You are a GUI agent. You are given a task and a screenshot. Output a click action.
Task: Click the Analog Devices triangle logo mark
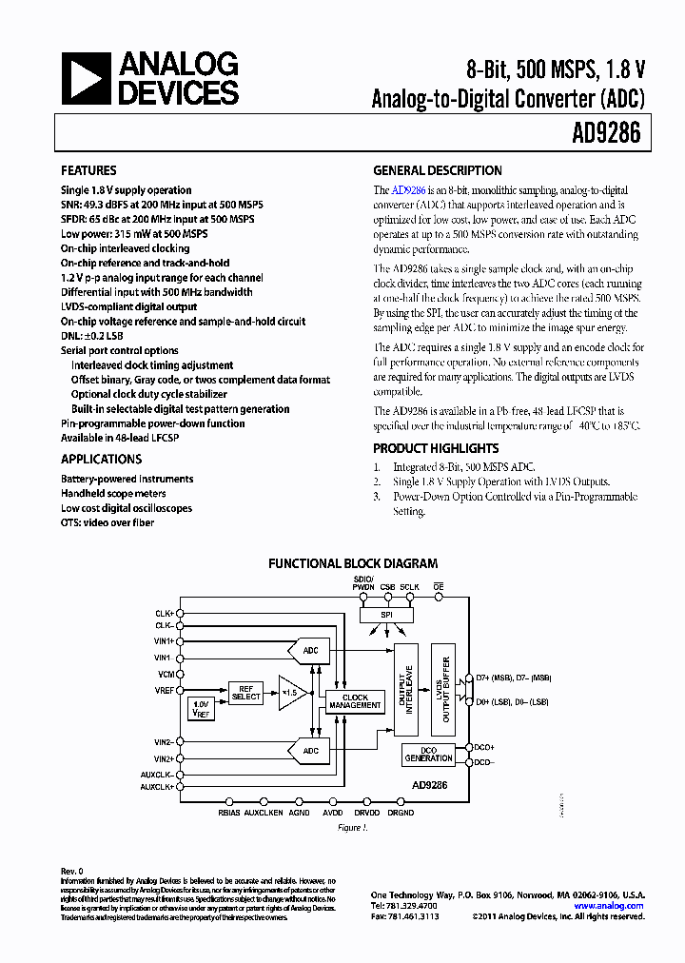[88, 78]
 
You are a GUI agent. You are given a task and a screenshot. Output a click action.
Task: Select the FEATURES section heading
[88, 170]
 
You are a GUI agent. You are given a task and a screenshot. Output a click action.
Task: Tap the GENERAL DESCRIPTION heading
[437, 170]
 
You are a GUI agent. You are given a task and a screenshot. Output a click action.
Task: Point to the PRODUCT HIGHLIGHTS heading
[435, 448]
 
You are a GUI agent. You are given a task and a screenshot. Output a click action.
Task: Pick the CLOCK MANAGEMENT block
[354, 702]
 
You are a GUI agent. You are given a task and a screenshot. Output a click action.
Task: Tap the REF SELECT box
[245, 693]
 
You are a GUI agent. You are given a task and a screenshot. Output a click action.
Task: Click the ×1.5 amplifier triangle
[289, 693]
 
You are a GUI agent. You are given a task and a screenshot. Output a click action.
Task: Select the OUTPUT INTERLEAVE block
[405, 690]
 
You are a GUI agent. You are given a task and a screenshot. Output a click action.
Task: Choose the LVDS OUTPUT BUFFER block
[443, 690]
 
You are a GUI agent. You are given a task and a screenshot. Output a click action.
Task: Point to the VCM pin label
[164, 674]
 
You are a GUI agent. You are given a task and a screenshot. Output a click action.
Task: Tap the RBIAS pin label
[228, 814]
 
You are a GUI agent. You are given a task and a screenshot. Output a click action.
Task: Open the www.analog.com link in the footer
[610, 906]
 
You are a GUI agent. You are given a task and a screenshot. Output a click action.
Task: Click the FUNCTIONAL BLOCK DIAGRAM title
[352, 563]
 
